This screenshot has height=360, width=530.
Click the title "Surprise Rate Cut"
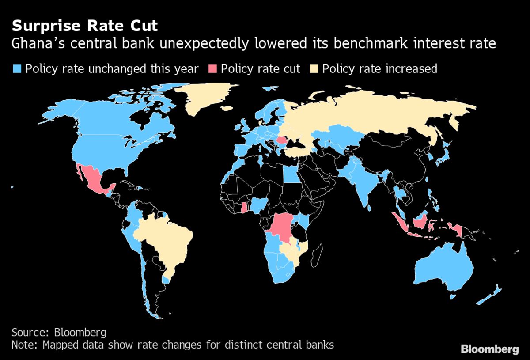[x=84, y=26]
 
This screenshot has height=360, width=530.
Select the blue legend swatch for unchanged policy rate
[x=17, y=69]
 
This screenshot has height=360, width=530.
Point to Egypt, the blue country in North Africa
[x=290, y=175]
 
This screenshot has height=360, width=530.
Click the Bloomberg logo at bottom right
[x=489, y=349]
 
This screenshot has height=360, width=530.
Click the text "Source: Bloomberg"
[x=59, y=332]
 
